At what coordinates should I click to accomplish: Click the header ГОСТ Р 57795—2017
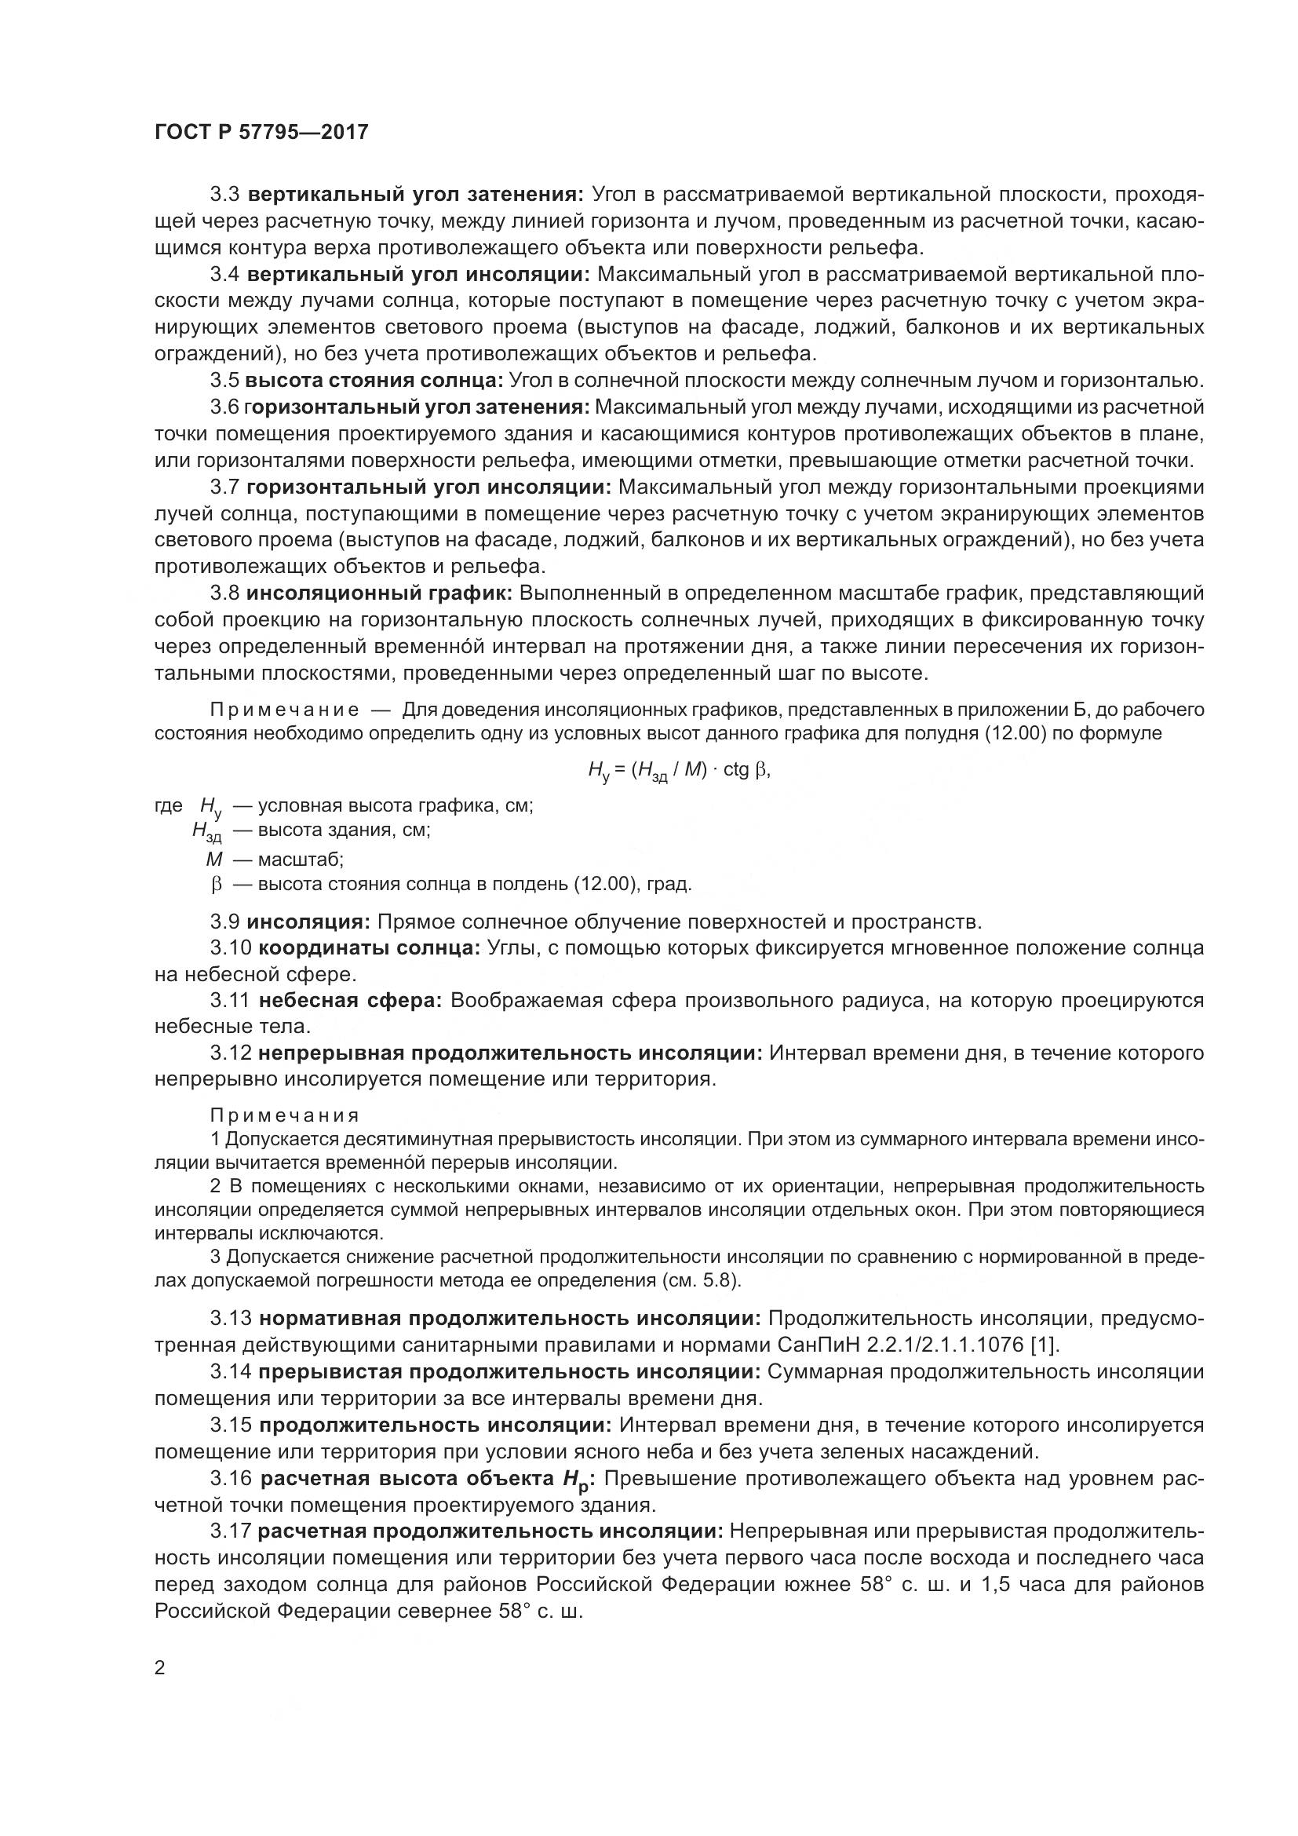pyautogui.click(x=261, y=132)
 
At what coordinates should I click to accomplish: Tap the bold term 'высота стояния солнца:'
pyautogui.click(x=374, y=380)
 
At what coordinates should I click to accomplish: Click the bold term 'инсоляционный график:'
pyautogui.click(x=379, y=593)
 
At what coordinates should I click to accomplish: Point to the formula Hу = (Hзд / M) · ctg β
pyautogui.click(x=679, y=771)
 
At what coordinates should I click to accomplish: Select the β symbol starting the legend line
pyautogui.click(x=215, y=885)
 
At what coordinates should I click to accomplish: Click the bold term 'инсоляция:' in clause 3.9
pyautogui.click(x=308, y=922)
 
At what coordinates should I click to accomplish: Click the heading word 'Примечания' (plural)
pyautogui.click(x=285, y=1115)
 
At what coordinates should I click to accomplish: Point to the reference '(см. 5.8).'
pyautogui.click(x=702, y=1280)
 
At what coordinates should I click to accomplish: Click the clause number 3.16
pyautogui.click(x=231, y=1479)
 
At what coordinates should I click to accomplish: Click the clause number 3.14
pyautogui.click(x=231, y=1372)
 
